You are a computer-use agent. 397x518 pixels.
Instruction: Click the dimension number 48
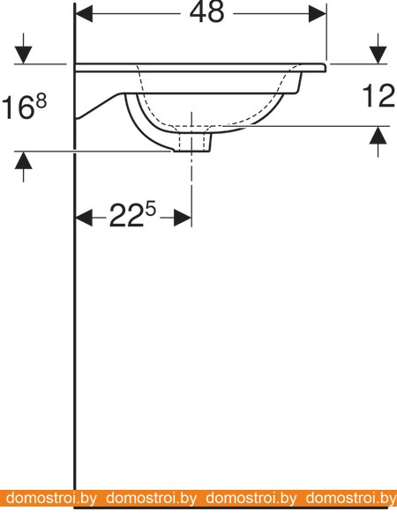207,12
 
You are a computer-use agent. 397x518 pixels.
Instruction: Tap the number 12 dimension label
379,96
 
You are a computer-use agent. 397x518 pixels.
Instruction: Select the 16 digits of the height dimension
18,107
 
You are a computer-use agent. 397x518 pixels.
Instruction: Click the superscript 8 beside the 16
41,101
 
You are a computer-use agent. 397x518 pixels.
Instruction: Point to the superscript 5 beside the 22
151,209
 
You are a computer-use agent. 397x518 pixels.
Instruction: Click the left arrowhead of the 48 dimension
85,14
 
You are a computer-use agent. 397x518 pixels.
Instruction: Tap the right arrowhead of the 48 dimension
318,14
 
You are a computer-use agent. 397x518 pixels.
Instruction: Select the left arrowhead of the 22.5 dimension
85,218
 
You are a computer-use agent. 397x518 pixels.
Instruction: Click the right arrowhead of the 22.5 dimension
183,218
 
